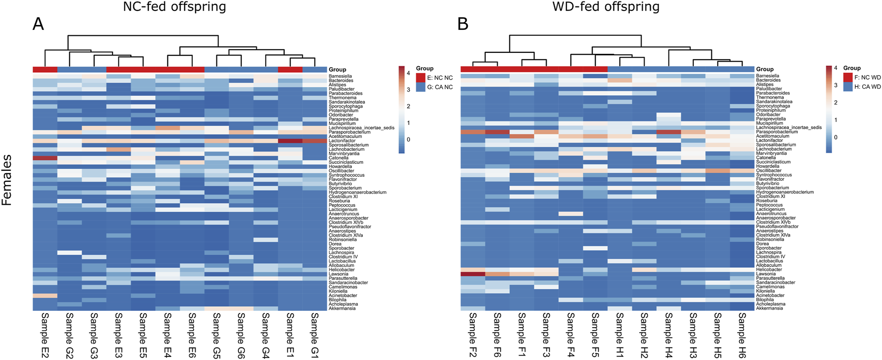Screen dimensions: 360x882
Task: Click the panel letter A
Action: click(x=38, y=23)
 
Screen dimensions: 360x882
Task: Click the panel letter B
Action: click(x=462, y=23)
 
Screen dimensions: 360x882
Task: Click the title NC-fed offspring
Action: click(x=174, y=7)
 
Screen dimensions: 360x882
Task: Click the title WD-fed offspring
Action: click(x=606, y=7)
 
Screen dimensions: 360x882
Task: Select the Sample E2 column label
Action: click(x=45, y=335)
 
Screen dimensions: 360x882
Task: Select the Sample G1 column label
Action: click(x=315, y=335)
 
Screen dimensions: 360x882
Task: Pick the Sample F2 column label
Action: click(x=472, y=335)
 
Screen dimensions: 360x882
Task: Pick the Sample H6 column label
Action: click(x=742, y=335)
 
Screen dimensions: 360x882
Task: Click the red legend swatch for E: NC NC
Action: click(x=421, y=78)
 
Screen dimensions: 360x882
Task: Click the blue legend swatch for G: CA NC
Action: click(x=421, y=87)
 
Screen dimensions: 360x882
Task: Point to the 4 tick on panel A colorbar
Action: click(x=408, y=73)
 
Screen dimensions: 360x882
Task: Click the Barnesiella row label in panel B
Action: click(x=768, y=76)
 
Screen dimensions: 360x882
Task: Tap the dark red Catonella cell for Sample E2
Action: click(x=45, y=158)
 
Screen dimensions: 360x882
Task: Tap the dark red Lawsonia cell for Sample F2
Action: click(x=472, y=273)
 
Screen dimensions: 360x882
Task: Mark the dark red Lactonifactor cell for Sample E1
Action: click(x=290, y=141)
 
